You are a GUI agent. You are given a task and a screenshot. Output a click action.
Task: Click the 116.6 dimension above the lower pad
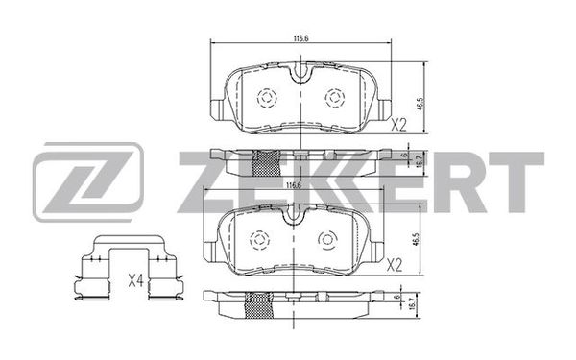pos(294,185)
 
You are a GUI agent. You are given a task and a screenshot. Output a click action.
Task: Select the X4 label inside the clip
pos(135,281)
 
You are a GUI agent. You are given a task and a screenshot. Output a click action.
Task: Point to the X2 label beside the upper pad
pos(398,126)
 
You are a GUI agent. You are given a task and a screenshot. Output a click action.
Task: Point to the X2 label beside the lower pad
pos(395,265)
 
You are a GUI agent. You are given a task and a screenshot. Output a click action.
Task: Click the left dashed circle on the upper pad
pos(267,98)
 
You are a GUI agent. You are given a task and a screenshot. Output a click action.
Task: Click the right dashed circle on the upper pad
pos(335,98)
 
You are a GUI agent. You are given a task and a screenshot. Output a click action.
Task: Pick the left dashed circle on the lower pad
pos(260,240)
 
